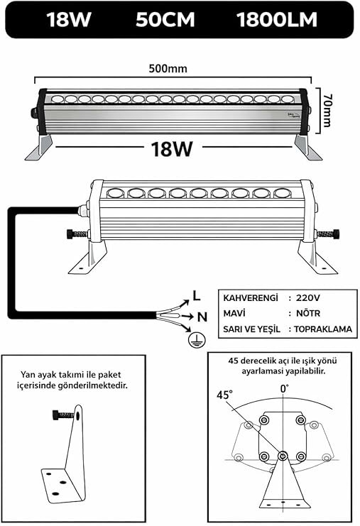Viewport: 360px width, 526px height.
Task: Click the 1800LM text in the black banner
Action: [277, 19]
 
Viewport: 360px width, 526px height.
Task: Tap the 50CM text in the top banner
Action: [165, 19]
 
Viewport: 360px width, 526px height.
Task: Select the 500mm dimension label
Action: [168, 68]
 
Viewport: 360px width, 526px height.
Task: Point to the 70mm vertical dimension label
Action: [327, 110]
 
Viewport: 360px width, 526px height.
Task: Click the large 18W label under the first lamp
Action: [172, 148]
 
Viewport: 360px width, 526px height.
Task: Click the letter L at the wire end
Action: [197, 295]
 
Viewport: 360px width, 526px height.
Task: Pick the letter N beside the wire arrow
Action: [202, 317]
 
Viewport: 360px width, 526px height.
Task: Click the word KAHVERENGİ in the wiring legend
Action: [251, 298]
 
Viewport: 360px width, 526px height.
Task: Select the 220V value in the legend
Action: [308, 298]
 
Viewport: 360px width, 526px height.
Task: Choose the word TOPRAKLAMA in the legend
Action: [323, 329]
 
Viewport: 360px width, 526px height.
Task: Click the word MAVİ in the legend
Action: [234, 313]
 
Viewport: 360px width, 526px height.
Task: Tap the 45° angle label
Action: [224, 395]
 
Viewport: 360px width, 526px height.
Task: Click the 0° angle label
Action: [284, 389]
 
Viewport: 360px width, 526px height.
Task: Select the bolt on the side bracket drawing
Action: [63, 415]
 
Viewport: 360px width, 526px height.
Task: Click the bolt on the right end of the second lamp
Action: [327, 233]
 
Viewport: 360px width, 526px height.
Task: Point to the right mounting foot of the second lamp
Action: [315, 257]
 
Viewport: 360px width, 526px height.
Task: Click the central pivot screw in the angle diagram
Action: [283, 456]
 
